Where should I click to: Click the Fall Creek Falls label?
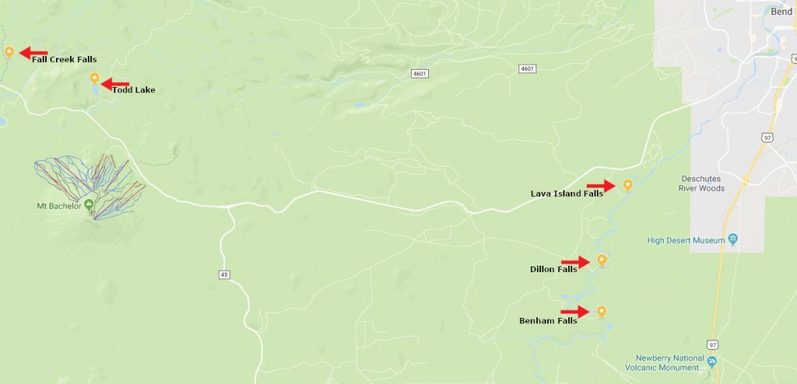[x=65, y=60]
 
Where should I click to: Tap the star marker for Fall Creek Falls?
[x=9, y=52]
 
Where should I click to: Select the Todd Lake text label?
[x=133, y=90]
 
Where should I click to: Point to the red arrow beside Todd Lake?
[x=116, y=84]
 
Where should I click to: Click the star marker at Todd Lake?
[x=94, y=78]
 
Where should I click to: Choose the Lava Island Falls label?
[x=567, y=194]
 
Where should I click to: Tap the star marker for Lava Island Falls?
[x=627, y=185]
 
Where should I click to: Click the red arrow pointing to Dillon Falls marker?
[x=575, y=263]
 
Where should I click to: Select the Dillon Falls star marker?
[x=601, y=260]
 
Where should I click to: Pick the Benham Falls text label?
[x=548, y=320]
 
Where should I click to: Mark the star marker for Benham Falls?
[x=601, y=311]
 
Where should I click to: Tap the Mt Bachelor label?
[x=59, y=206]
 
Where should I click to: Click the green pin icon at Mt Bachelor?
[x=89, y=204]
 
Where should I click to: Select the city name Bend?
[x=781, y=12]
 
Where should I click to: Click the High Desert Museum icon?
[x=732, y=239]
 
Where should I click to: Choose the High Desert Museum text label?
[x=686, y=240]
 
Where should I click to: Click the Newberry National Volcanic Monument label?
[x=666, y=362]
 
